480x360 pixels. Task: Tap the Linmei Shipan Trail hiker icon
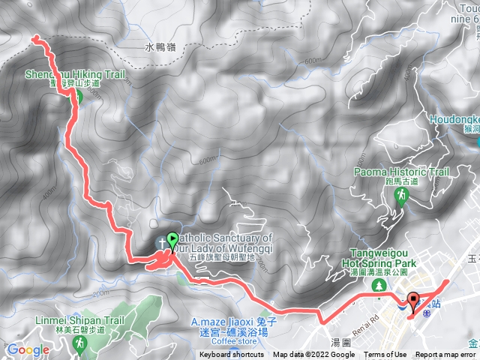(x=79, y=343)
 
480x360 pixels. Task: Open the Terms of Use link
(x=385, y=355)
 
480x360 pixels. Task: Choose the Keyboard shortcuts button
(x=232, y=355)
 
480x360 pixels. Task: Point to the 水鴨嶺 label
(x=160, y=47)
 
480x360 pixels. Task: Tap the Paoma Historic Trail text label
(x=401, y=172)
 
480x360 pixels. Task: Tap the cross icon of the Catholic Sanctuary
(x=161, y=242)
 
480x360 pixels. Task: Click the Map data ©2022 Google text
(x=313, y=355)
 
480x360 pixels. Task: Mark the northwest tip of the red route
(x=34, y=37)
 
